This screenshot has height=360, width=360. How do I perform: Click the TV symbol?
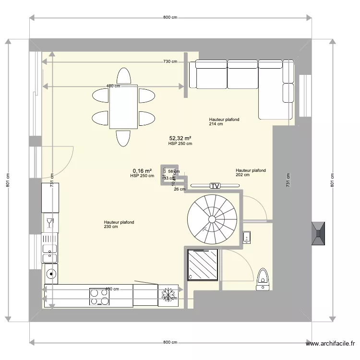[215, 185]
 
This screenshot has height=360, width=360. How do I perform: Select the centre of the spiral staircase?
[212, 219]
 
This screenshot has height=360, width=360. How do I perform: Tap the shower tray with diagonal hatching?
[202, 264]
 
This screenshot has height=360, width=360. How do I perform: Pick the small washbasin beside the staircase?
[247, 237]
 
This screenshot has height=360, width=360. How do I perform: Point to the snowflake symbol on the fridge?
[168, 293]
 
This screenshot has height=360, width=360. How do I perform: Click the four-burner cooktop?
[99, 296]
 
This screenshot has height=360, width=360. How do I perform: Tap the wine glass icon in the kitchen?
[49, 222]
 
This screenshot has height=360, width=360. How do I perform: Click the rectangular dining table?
[124, 108]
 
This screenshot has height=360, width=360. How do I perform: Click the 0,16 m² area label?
[142, 170]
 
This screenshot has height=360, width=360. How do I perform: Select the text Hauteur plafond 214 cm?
[224, 121]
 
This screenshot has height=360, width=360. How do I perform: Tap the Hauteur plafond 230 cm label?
[119, 224]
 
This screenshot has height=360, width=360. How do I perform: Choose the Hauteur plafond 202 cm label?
[251, 172]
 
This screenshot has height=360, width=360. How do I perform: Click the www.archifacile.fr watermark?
[331, 343]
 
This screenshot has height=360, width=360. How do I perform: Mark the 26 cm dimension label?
[179, 189]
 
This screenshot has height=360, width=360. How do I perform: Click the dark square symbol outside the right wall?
[319, 233]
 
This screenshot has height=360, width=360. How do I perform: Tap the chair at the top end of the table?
[124, 77]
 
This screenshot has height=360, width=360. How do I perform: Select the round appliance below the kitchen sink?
[50, 274]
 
